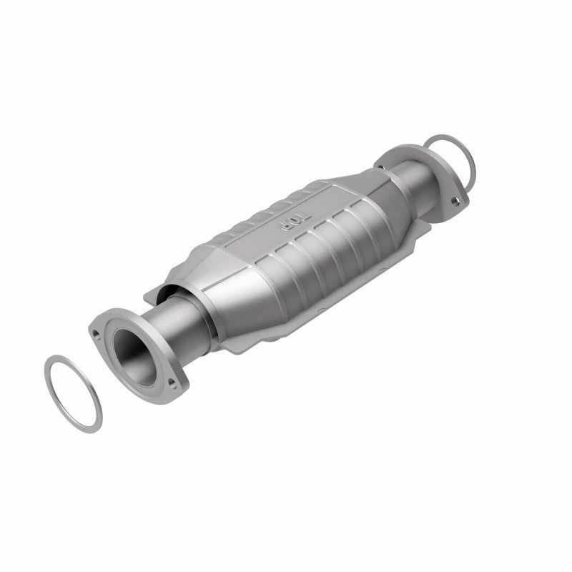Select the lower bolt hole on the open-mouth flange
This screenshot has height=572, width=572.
pos(172,388)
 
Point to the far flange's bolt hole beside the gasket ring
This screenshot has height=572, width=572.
pos(455,202)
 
